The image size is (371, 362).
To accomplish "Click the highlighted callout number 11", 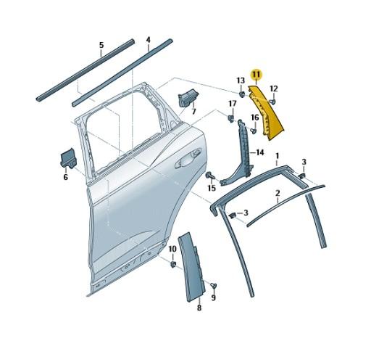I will point(256,74).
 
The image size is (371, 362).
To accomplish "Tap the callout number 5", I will point(101,46).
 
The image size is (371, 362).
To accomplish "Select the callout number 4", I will point(148,40).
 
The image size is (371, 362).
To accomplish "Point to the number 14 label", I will point(259,152).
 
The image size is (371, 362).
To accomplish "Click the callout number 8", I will point(199,308).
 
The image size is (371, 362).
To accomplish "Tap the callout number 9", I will point(214,297).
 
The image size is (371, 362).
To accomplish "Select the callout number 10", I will point(172,250).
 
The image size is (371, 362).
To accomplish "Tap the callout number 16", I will point(254,117).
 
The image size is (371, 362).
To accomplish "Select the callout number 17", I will point(233,103).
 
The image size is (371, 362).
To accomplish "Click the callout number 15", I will point(212,188).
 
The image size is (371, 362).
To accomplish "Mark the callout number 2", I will point(277,194).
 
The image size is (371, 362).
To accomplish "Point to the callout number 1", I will point(277,155).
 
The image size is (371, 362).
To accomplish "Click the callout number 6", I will point(65,176).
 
